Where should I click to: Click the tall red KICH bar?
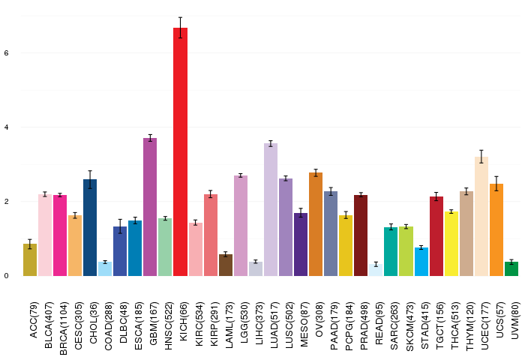[x=180, y=151]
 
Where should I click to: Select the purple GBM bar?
[x=150, y=207]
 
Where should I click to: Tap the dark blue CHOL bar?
[x=90, y=228]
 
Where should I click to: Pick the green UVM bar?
[x=511, y=269]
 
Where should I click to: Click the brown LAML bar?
[x=225, y=265]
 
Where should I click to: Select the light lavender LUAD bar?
[x=271, y=210]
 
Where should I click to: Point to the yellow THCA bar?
[x=451, y=244]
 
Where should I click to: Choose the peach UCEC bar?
[x=481, y=216]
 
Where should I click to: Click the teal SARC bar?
[x=391, y=251]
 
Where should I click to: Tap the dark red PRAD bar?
[x=361, y=235]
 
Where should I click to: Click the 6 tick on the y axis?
[x=6, y=53]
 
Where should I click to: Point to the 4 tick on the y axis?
[x=6, y=127]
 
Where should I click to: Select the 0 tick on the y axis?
[x=6, y=276]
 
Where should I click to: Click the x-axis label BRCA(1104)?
[x=63, y=328]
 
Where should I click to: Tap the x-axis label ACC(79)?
[x=34, y=319]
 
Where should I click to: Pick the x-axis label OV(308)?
[x=319, y=319]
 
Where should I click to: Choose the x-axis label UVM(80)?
[x=514, y=320]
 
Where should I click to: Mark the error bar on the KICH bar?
[x=180, y=28]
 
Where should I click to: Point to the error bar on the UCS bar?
[x=496, y=184]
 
